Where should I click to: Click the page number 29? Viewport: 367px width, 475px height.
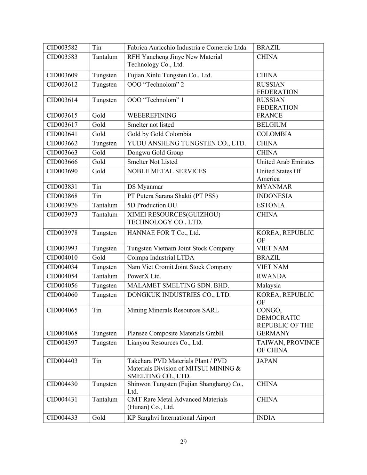click(184, 442)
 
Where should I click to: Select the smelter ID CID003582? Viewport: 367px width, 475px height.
click(62, 48)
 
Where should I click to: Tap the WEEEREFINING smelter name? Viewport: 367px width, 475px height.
click(152, 116)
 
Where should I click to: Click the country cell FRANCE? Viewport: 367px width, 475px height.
click(270, 116)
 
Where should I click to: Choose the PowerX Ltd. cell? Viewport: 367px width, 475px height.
click(144, 276)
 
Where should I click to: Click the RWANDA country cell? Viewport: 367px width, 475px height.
click(271, 276)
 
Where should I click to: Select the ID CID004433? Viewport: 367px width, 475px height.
click(62, 418)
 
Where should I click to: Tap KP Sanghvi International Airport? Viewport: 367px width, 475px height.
click(171, 418)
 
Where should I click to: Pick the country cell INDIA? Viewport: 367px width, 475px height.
click(266, 418)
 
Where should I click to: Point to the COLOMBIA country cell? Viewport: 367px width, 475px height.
click(274, 134)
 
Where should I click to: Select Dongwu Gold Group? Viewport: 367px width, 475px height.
click(155, 153)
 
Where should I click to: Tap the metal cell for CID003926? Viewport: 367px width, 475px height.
click(105, 205)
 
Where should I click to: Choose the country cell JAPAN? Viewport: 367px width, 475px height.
click(267, 361)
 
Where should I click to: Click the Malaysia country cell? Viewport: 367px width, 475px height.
click(269, 286)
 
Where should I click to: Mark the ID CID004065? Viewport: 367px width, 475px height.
click(62, 310)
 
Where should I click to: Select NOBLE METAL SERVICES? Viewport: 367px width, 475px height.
click(167, 171)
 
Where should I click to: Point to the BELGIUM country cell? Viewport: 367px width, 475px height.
click(272, 125)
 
